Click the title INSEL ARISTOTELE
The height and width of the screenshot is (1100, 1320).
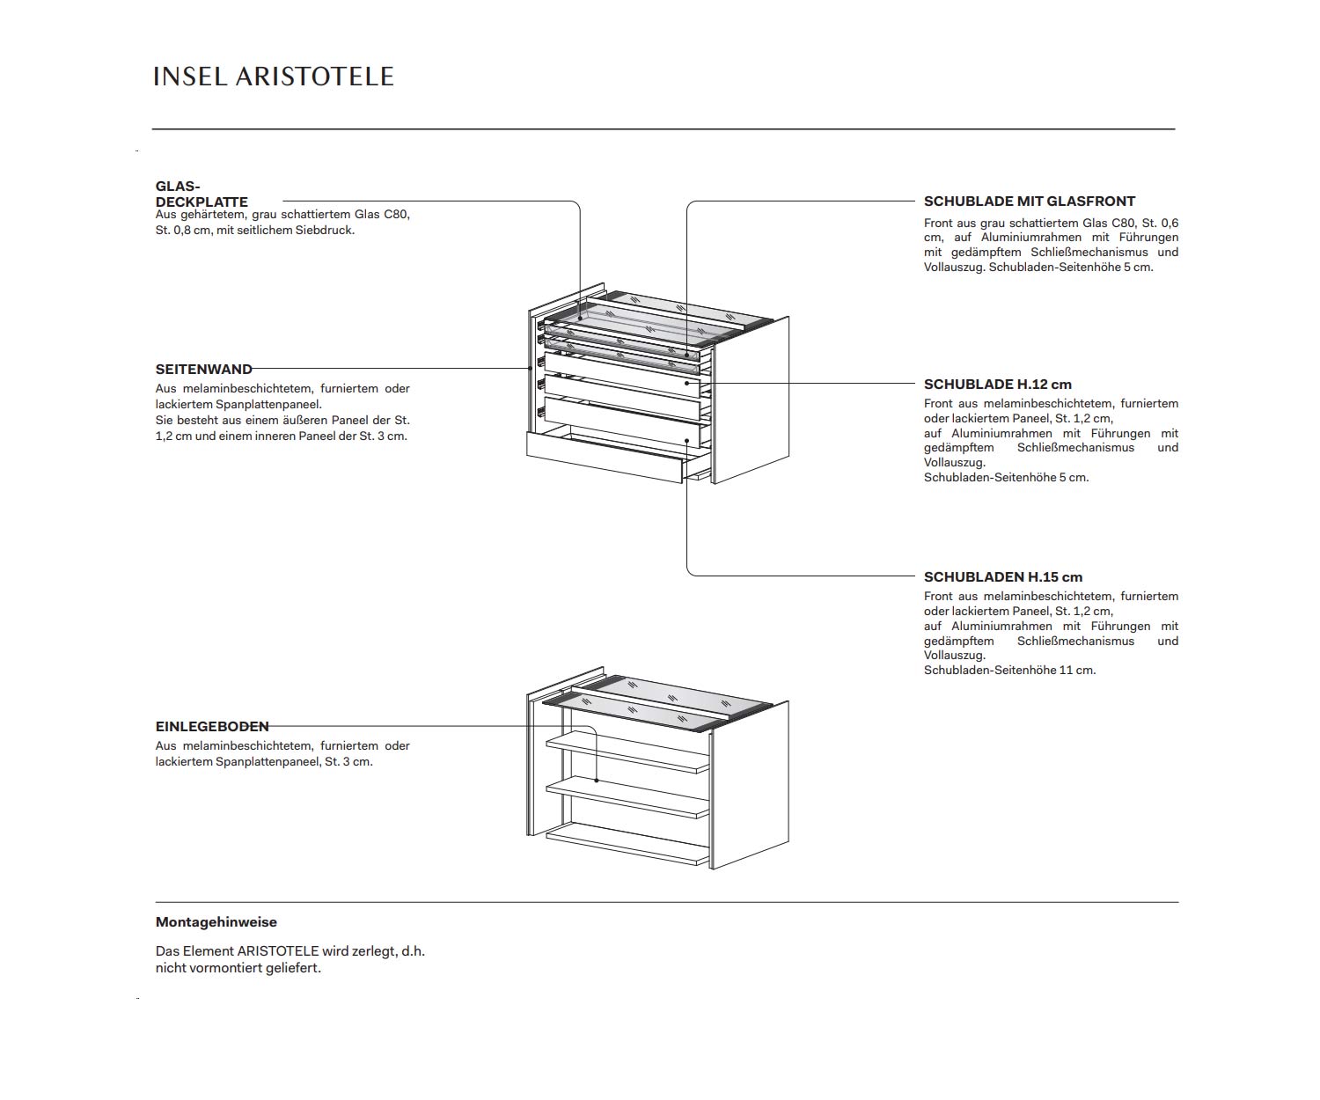(x=273, y=77)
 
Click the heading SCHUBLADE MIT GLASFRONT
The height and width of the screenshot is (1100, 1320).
(x=1029, y=202)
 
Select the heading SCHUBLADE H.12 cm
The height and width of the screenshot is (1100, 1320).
(x=997, y=385)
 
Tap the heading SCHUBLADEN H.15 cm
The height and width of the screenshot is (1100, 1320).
(x=1002, y=577)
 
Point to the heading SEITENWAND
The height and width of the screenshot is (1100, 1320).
(x=203, y=370)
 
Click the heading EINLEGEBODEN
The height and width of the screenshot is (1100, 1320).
(x=212, y=727)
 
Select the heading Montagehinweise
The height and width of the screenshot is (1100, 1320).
(x=216, y=922)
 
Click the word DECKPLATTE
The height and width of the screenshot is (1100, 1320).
(x=202, y=202)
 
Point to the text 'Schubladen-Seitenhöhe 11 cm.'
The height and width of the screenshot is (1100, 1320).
(x=1009, y=671)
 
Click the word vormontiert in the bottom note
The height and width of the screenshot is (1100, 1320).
(x=214, y=968)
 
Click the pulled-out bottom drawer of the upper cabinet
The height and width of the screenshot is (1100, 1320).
(x=604, y=456)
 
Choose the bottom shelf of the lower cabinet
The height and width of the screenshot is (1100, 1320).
(x=627, y=843)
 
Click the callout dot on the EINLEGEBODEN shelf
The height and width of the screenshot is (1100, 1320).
(x=597, y=781)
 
